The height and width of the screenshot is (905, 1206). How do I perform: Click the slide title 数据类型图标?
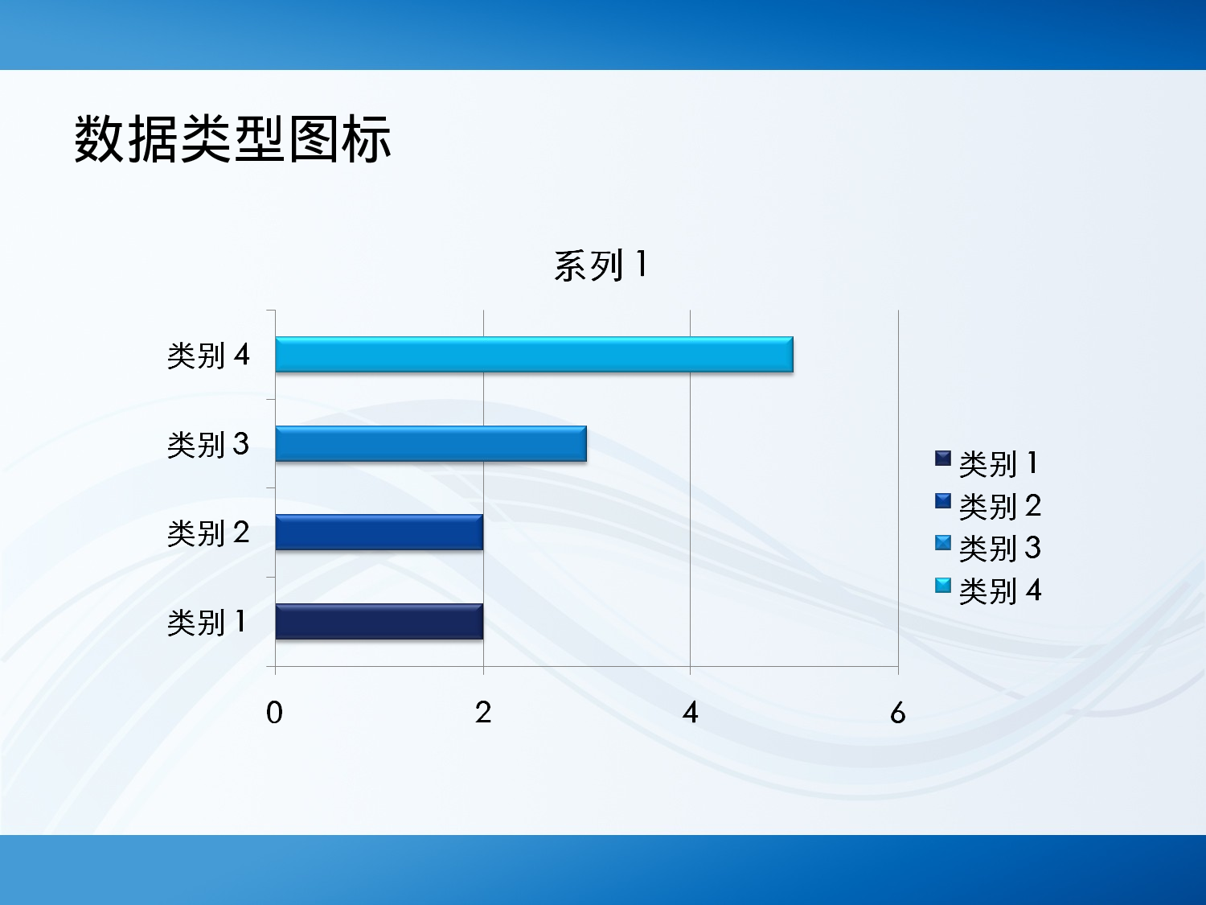click(232, 139)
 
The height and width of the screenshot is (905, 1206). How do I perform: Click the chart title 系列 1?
click(600, 265)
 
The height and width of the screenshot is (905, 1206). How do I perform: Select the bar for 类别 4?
click(534, 355)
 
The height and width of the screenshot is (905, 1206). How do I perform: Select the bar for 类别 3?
click(431, 444)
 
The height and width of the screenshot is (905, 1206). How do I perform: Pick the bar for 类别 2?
click(379, 533)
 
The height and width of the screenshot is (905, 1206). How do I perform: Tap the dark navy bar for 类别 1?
click(379, 622)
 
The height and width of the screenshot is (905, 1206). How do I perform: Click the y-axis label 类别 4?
click(208, 355)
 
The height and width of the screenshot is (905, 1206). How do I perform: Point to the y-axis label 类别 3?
click(208, 444)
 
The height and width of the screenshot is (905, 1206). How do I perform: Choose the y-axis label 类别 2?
click(208, 533)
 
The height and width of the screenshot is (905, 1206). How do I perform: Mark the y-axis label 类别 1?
click(207, 622)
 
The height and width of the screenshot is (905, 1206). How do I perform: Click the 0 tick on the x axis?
click(275, 712)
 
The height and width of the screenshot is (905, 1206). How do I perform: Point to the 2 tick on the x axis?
click(482, 712)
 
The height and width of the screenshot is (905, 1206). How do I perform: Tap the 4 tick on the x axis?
click(690, 712)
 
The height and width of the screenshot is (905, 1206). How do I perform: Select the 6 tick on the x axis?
click(898, 712)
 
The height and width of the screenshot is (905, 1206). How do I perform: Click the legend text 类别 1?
click(999, 463)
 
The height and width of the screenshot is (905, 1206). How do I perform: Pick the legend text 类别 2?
click(999, 506)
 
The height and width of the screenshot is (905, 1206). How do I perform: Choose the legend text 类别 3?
click(999, 549)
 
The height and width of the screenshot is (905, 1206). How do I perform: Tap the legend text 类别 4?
click(999, 590)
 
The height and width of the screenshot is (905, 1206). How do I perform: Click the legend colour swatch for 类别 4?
click(943, 585)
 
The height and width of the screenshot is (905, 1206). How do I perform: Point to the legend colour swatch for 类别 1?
click(943, 459)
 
